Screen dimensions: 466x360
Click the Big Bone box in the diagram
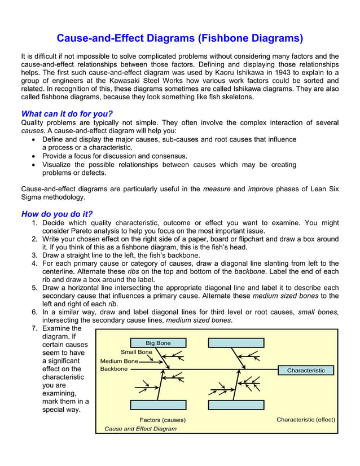(x=158, y=342)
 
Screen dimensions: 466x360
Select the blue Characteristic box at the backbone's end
(x=306, y=371)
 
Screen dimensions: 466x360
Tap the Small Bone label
(x=136, y=352)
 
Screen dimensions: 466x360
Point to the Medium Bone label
(x=118, y=361)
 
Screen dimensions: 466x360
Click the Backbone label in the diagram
(x=113, y=369)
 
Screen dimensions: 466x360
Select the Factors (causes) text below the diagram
(x=163, y=420)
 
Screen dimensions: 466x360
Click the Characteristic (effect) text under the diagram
(x=306, y=420)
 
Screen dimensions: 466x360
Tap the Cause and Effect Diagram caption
(x=141, y=429)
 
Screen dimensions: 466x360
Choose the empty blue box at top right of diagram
(x=236, y=342)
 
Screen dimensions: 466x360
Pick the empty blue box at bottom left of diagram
(x=158, y=405)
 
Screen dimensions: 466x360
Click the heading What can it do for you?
(x=67, y=113)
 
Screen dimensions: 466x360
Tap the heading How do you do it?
(x=56, y=214)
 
